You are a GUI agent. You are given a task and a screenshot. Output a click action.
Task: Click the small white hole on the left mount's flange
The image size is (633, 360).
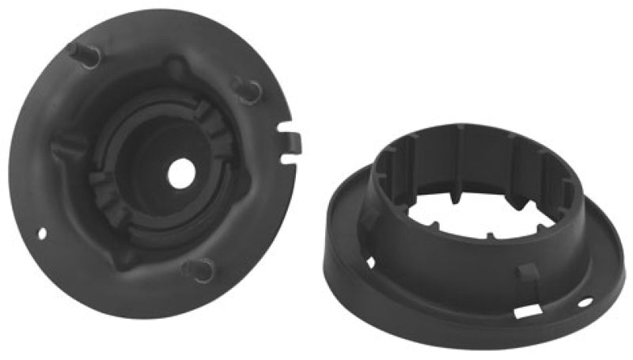point(44,233)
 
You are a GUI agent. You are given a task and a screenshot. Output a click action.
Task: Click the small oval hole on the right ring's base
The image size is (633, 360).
point(585,301)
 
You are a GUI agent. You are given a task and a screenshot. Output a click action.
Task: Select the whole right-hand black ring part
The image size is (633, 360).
point(475,229)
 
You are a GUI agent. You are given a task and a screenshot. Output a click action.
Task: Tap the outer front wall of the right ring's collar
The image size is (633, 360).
point(443,253)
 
